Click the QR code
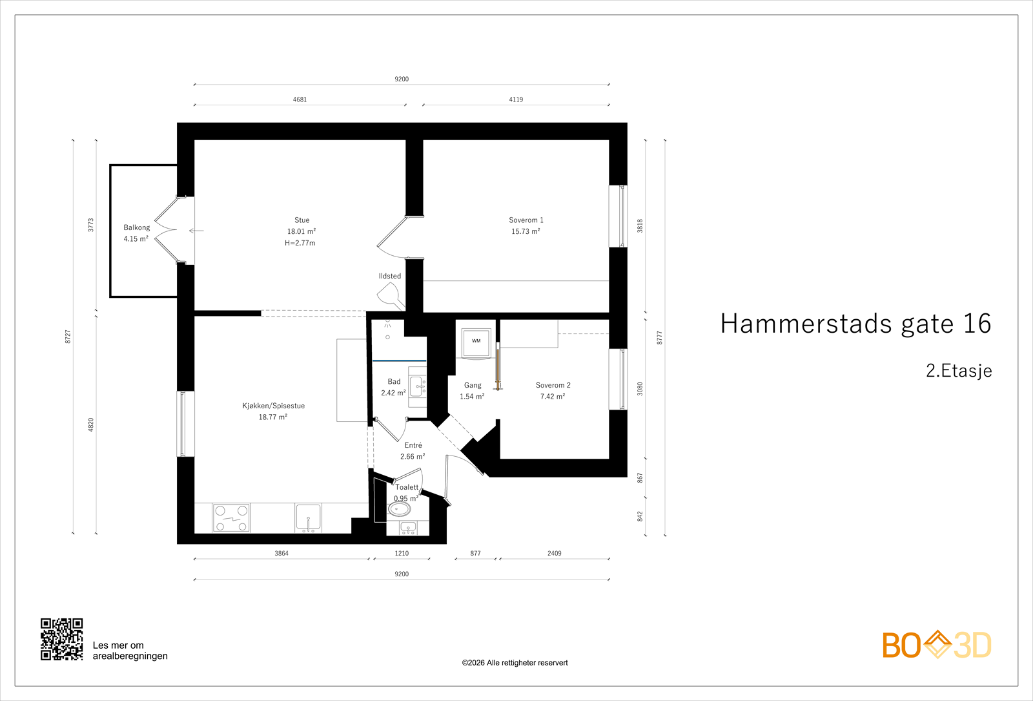[x=62, y=639]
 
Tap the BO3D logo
[x=936, y=645]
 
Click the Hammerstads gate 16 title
[x=855, y=324]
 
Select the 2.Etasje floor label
[x=959, y=371]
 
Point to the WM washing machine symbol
[x=476, y=341]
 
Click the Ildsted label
[x=390, y=276]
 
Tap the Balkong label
[x=137, y=227]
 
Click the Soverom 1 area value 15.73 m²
[x=526, y=231]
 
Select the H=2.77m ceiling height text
[x=300, y=243]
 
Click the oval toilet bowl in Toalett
[x=400, y=509]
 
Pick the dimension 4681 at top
[x=300, y=99]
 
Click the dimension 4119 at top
[x=516, y=99]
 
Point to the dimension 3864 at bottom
[x=281, y=553]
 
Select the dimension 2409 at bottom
[x=554, y=553]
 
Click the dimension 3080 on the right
[x=640, y=389]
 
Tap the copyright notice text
[x=515, y=663]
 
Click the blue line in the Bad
[x=399, y=361]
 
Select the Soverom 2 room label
[x=553, y=385]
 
